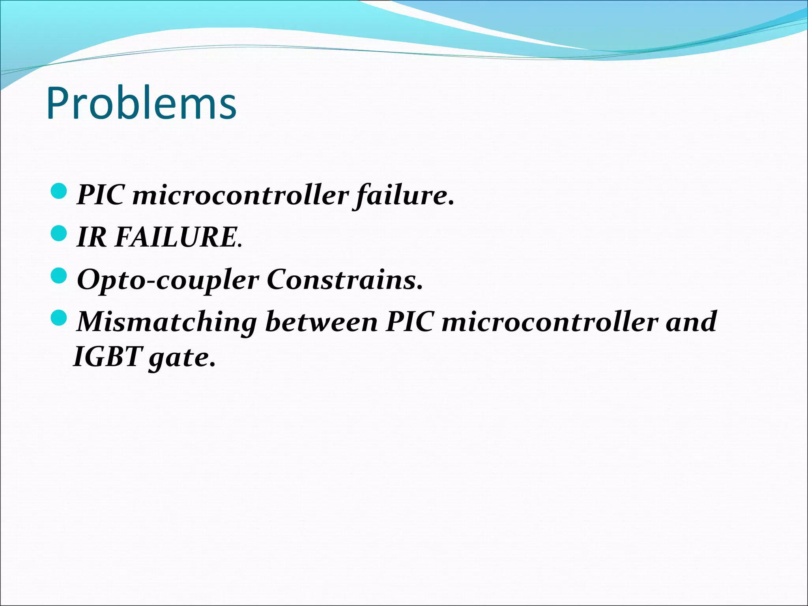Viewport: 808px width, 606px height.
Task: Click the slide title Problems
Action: tap(141, 103)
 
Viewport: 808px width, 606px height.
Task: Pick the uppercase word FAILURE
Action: tap(176, 238)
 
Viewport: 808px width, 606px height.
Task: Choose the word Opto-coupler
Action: tap(168, 280)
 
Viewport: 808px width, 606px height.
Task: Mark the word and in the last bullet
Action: tap(691, 322)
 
